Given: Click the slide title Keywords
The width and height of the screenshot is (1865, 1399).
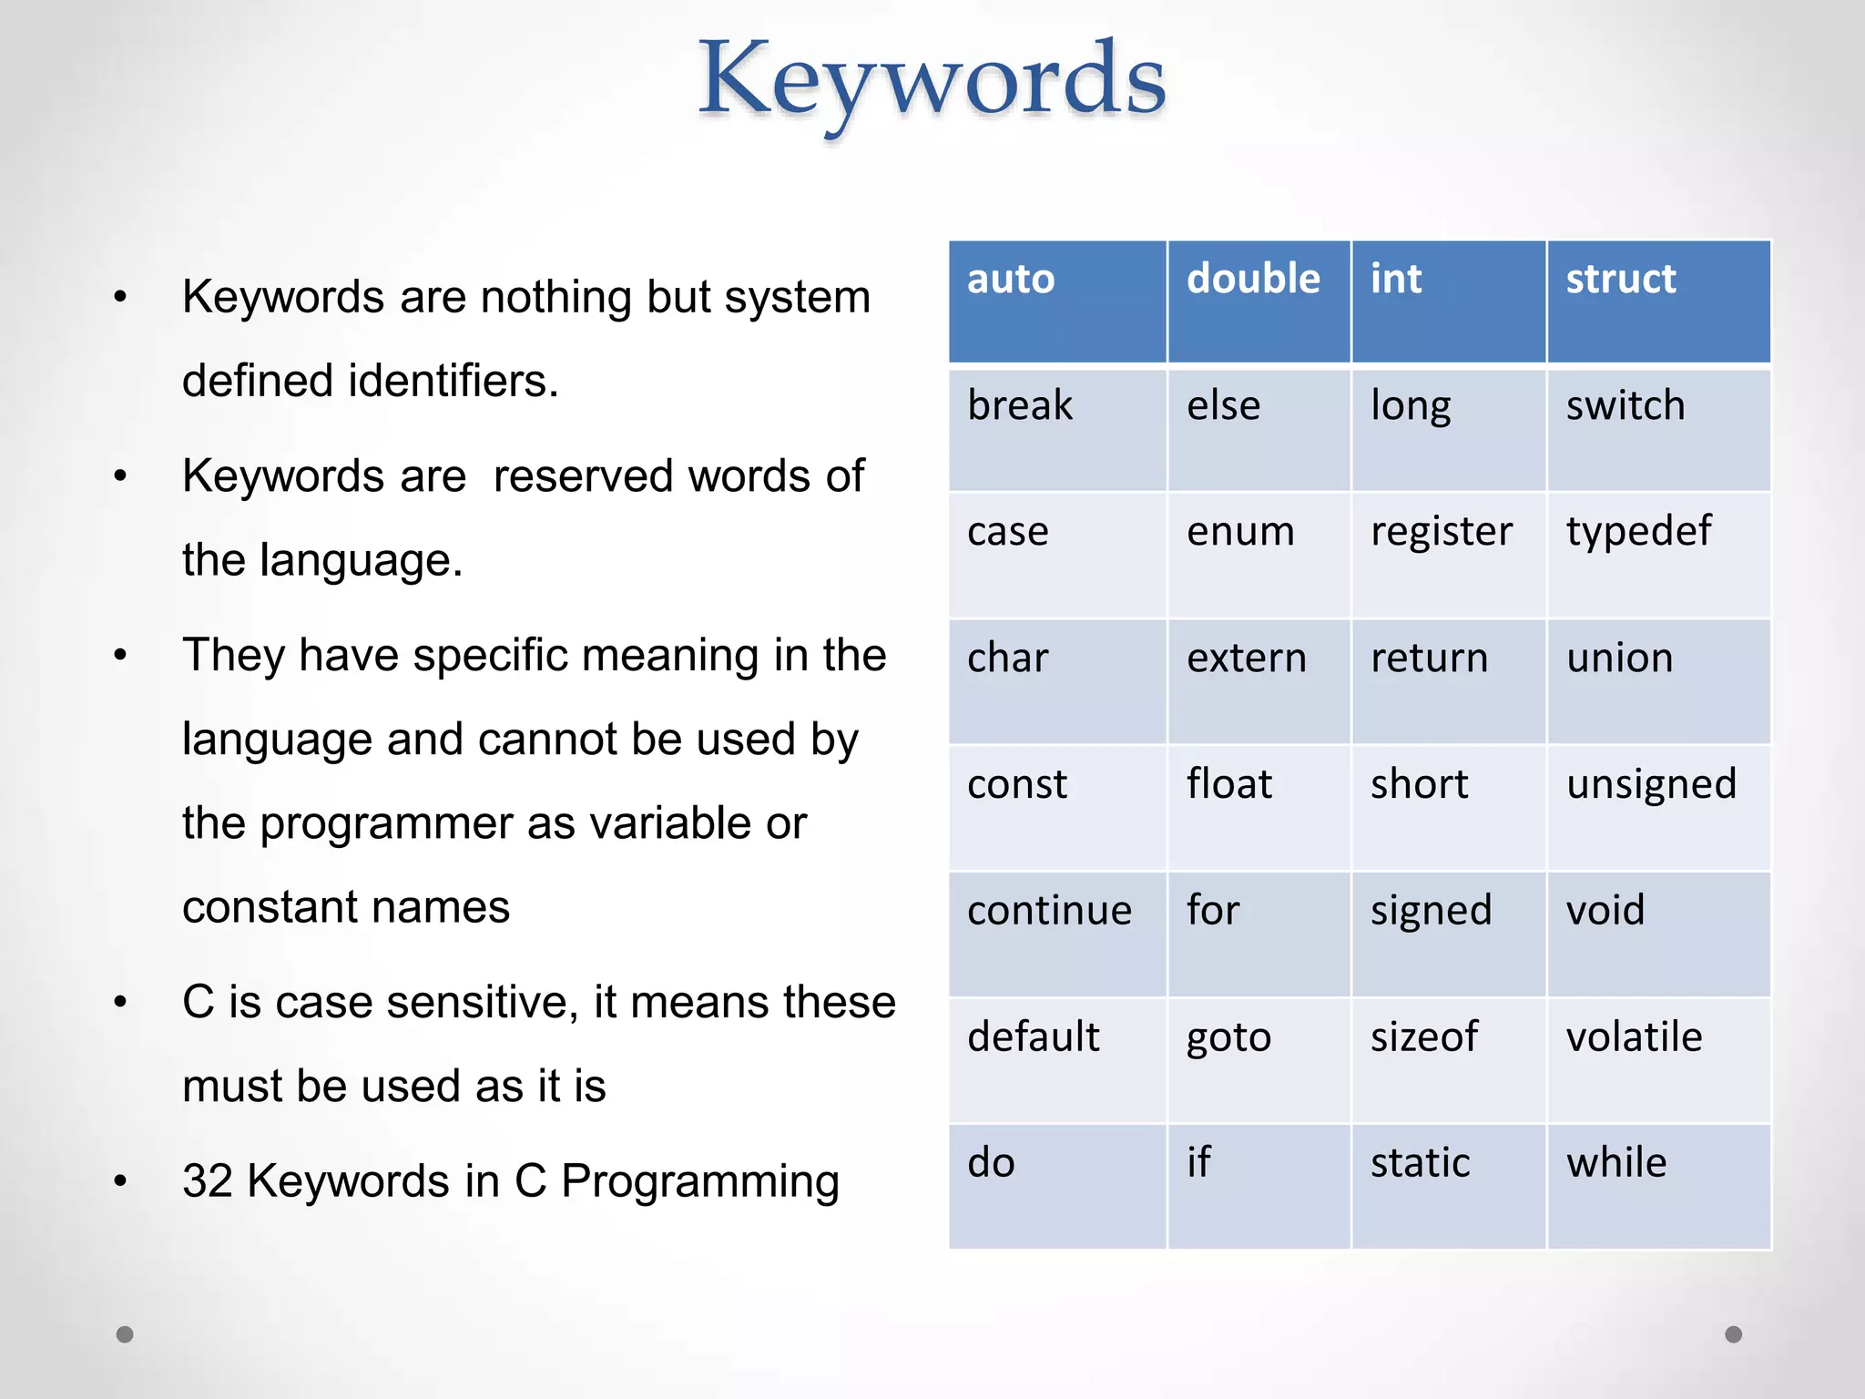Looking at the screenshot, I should click(x=932, y=82).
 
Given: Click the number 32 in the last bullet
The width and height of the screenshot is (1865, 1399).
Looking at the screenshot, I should click(x=208, y=1181).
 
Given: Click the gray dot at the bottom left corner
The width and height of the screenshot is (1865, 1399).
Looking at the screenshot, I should click(x=126, y=1334).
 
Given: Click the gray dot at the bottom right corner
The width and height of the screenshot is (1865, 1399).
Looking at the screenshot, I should click(x=1734, y=1334).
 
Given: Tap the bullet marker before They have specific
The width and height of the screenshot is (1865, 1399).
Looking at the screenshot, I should click(x=120, y=656).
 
